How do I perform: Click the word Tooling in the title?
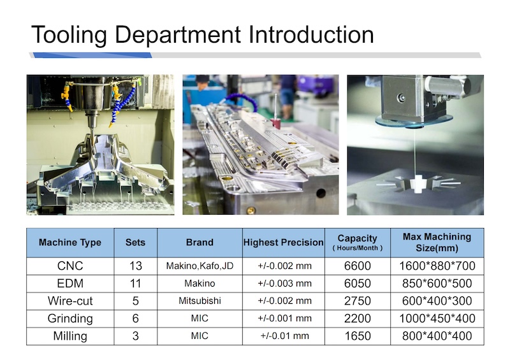(69, 35)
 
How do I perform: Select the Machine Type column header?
(70, 242)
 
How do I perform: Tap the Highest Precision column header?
(283, 242)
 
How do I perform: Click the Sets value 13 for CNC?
(136, 266)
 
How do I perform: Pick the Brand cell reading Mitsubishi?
(200, 301)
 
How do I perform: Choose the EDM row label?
(70, 284)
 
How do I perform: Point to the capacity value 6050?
(358, 284)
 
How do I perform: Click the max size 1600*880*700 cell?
(437, 266)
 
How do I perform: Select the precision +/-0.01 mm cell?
(284, 336)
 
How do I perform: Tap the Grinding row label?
(70, 319)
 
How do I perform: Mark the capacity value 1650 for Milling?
(358, 336)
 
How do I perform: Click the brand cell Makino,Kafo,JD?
(200, 266)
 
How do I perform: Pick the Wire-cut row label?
(70, 301)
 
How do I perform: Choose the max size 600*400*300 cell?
(437, 301)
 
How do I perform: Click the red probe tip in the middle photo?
(276, 123)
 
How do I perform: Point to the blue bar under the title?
(92, 55)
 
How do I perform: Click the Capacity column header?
(358, 242)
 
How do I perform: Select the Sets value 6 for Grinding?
(136, 319)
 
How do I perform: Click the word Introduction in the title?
(311, 35)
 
